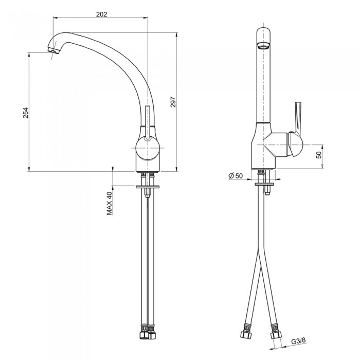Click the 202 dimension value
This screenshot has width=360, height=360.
pyautogui.click(x=101, y=14)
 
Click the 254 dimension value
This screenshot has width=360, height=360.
pyautogui.click(x=26, y=113)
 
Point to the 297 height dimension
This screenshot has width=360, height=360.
pyautogui.click(x=173, y=102)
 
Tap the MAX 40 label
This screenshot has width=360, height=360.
pyautogui.click(x=110, y=203)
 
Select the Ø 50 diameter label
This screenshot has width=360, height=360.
pyautogui.click(x=236, y=176)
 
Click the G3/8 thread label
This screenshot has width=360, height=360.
pyautogui.click(x=298, y=340)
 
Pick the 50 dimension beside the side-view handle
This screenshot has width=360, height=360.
pyautogui.click(x=319, y=155)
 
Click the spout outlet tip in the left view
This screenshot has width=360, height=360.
pyautogui.click(x=53, y=50)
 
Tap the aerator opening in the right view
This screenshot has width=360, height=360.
pyautogui.click(x=263, y=46)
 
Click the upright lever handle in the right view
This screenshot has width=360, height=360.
pyautogui.click(x=298, y=118)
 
